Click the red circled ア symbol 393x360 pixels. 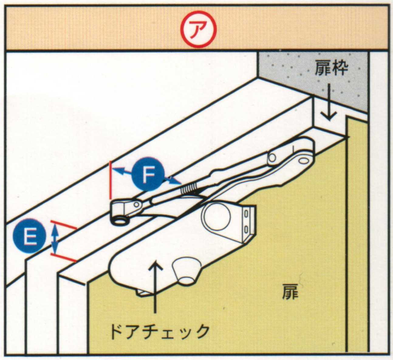coord(198,29)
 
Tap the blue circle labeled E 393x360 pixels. coord(29,236)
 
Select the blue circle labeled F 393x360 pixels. coord(148,174)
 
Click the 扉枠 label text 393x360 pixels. coord(331,68)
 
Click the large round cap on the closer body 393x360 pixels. coord(217,216)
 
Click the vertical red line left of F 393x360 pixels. coord(111,180)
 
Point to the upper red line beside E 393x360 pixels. coord(63,225)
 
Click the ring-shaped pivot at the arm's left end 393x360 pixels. coord(120,221)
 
